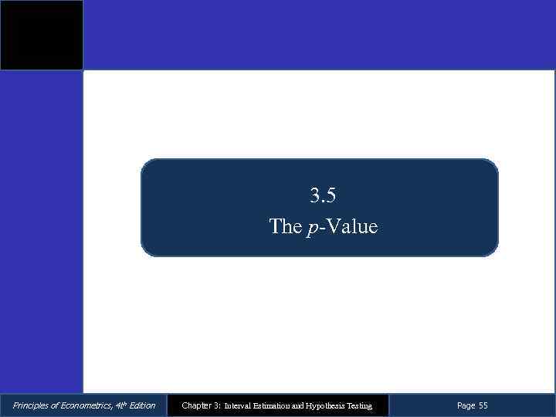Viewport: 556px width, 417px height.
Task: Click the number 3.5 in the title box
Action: pos(323,196)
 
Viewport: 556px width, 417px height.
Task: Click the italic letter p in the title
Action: pos(310,228)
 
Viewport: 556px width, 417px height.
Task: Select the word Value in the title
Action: pos(351,226)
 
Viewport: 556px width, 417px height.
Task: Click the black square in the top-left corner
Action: pos(41,35)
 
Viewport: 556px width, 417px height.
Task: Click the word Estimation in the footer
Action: pos(274,405)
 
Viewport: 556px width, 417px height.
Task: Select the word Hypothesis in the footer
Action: pos(331,405)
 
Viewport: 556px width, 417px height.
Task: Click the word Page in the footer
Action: pos(466,405)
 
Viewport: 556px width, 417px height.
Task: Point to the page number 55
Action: pos(483,405)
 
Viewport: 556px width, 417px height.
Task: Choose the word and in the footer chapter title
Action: pos(301,405)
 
